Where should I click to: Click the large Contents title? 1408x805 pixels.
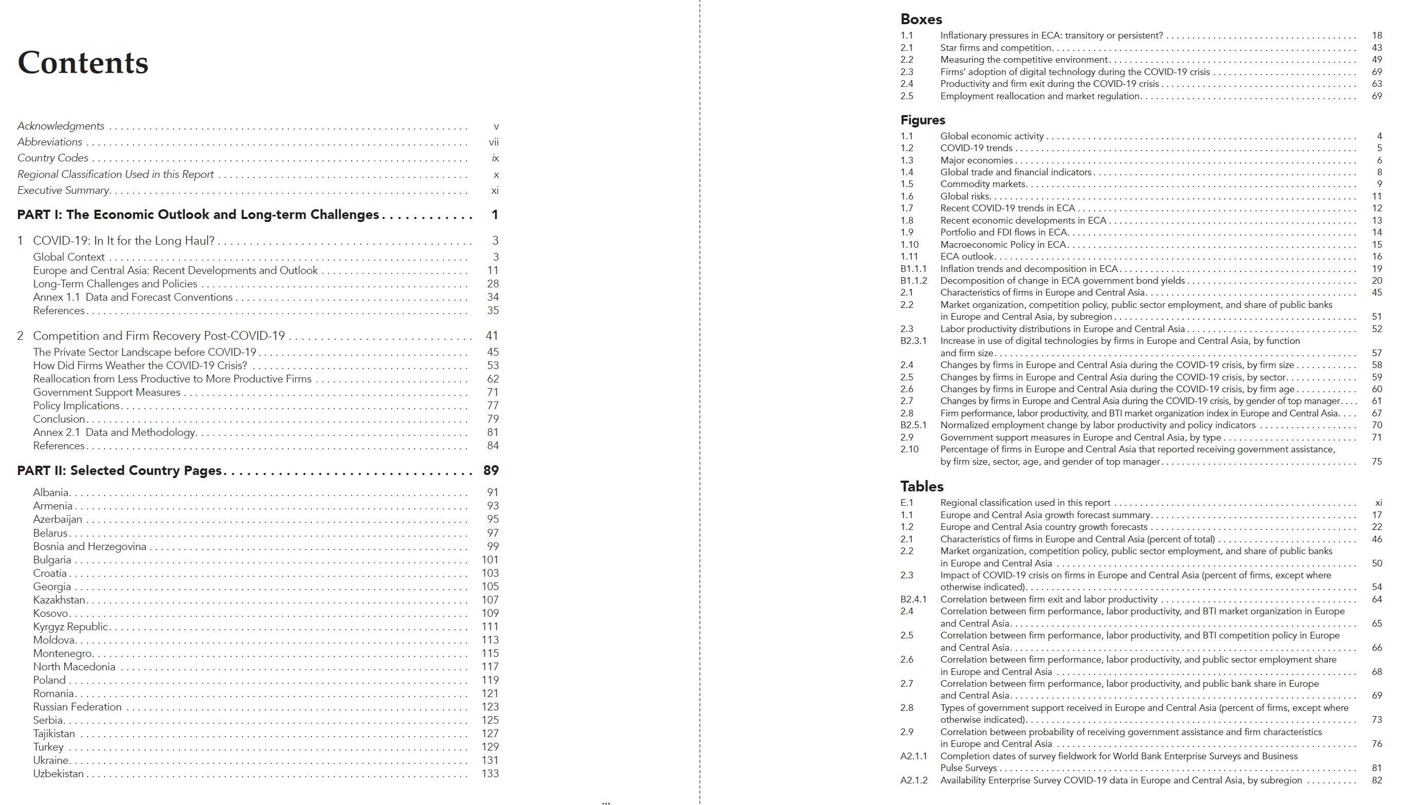point(83,63)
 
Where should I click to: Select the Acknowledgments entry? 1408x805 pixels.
point(61,126)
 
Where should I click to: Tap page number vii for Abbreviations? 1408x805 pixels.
point(493,142)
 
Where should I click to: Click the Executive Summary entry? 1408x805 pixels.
point(64,190)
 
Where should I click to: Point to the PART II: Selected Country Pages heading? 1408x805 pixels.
point(119,470)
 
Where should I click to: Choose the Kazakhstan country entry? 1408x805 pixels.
point(59,600)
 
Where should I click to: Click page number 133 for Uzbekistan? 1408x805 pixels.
point(490,774)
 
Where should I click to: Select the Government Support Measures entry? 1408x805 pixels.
point(107,392)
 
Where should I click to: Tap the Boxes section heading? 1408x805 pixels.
point(921,20)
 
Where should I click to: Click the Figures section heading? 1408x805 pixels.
point(923,120)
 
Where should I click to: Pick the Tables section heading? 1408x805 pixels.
point(922,486)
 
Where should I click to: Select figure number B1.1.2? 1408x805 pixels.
point(913,280)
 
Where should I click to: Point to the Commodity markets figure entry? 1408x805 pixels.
point(983,184)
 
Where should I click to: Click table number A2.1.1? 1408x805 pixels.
point(913,756)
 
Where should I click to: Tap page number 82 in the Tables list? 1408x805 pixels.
point(1377,780)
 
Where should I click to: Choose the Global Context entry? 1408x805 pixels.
point(68,257)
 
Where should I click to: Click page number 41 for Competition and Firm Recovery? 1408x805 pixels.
point(491,336)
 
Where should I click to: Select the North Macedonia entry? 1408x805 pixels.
point(74,667)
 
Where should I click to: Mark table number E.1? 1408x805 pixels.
point(907,503)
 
